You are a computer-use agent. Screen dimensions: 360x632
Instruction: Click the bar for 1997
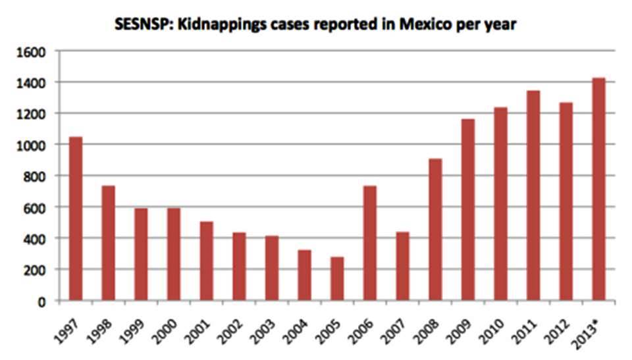[76, 219]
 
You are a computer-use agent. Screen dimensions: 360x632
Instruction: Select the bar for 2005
[337, 278]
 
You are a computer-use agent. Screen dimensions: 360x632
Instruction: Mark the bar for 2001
[206, 261]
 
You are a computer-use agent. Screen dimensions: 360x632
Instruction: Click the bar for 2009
[468, 210]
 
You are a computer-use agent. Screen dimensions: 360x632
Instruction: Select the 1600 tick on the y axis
[32, 51]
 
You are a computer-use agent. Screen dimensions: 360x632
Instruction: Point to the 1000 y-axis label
[32, 145]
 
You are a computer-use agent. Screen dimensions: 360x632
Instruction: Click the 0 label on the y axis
[41, 301]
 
